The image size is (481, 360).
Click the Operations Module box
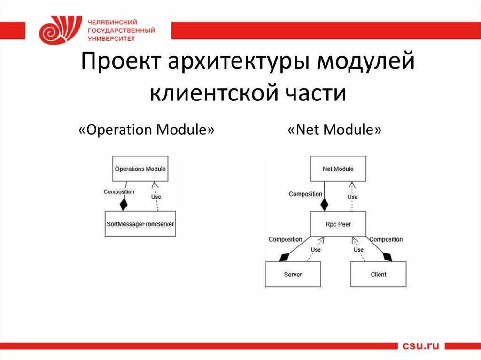tap(140, 169)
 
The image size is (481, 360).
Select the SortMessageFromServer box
tap(140, 224)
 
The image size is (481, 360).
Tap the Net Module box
tap(338, 169)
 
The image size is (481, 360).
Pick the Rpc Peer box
tap(338, 224)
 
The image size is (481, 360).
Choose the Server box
tap(293, 274)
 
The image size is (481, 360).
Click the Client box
tap(378, 274)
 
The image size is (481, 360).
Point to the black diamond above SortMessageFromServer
tap(124, 205)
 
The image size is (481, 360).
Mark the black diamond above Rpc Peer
tap(324, 205)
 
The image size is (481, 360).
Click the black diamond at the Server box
tap(283, 257)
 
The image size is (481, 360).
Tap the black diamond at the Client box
tap(387, 257)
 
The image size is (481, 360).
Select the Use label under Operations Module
tap(156, 197)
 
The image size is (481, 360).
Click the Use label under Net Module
tap(352, 197)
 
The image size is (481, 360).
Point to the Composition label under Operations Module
tap(119, 191)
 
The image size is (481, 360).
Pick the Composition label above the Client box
tap(386, 239)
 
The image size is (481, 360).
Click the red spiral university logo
tap(55, 30)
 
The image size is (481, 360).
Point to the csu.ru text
tap(421, 346)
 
